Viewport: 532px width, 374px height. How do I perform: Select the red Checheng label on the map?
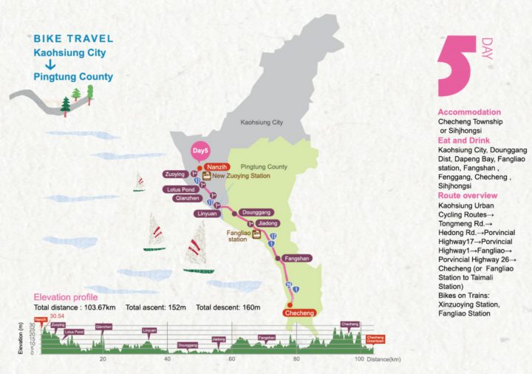coord(300,313)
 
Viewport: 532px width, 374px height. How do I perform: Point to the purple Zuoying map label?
coord(177,175)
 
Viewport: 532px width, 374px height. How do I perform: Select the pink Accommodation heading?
coord(469,112)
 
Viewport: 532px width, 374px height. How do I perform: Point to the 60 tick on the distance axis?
coord(231,358)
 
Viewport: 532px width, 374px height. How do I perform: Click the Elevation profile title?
coord(67,296)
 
